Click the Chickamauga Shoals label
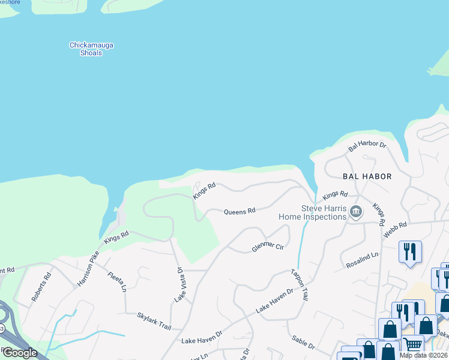pos(92,49)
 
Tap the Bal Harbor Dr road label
pos(367,145)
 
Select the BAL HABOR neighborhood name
pos(367,176)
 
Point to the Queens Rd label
pos(240,211)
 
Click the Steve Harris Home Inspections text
pos(312,212)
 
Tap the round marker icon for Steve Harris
pos(356,212)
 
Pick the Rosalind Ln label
pos(363,260)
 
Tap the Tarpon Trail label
pos(301,285)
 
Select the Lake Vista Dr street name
pos(179,285)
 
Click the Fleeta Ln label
pos(116,281)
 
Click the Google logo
pos(20,352)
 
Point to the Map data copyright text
pos(423,355)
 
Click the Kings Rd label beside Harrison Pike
pos(116,237)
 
